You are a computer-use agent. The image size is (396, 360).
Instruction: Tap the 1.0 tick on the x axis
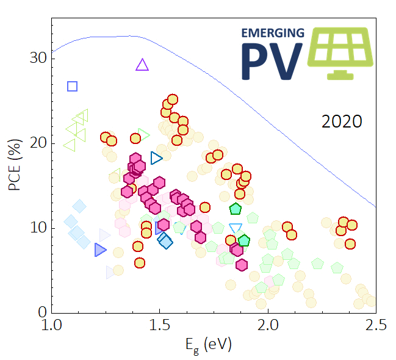coord(52,323)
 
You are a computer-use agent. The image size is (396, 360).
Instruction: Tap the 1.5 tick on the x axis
coord(159,323)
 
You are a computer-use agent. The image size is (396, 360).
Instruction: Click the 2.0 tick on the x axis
coord(268,323)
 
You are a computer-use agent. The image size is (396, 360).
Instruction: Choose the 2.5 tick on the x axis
coord(375,323)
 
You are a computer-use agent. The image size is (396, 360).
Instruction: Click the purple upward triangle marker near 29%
coord(142,65)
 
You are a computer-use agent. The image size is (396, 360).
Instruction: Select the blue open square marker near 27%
coord(72,86)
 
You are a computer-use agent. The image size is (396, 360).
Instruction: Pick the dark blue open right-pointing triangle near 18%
coord(157,158)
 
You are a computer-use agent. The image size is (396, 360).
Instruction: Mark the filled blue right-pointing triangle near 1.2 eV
coord(100,250)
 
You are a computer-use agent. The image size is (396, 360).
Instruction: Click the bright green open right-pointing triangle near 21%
coord(144,134)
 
